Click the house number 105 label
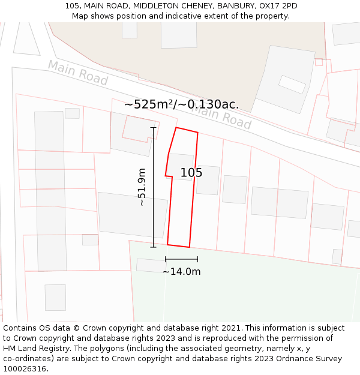[191, 173]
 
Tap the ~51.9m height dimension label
[142, 187]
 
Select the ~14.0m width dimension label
[181, 271]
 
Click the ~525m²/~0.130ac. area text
[181, 104]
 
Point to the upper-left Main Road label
[78, 73]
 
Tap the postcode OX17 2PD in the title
[278, 6]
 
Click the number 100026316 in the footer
[25, 368]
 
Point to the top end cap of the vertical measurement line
[153, 128]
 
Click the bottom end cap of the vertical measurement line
[153, 247]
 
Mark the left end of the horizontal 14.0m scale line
[166, 259]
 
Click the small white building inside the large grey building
[292, 84]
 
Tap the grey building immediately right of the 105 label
[208, 180]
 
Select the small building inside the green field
[151, 265]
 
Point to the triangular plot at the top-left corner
[26, 40]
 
